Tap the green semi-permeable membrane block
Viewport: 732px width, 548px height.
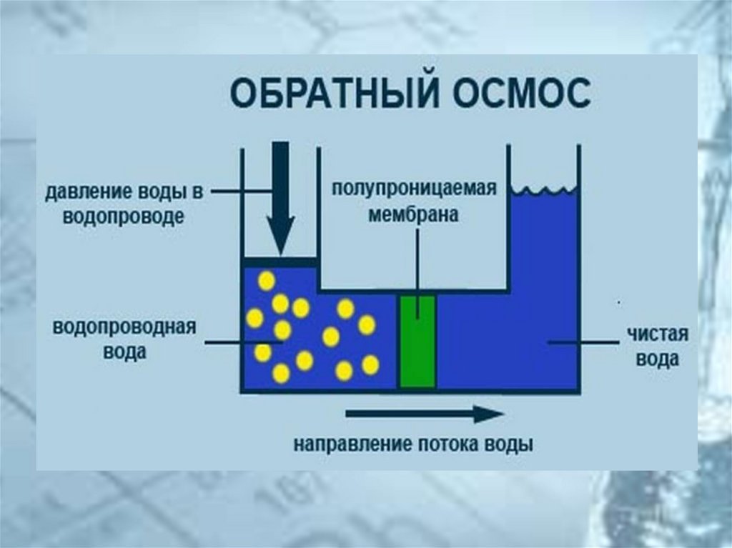tap(417, 341)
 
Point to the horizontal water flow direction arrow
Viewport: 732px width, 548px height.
tap(425, 414)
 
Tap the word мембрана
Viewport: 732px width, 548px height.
tap(414, 214)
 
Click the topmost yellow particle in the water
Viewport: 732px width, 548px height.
tap(266, 281)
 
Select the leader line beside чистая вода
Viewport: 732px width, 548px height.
tap(583, 343)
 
